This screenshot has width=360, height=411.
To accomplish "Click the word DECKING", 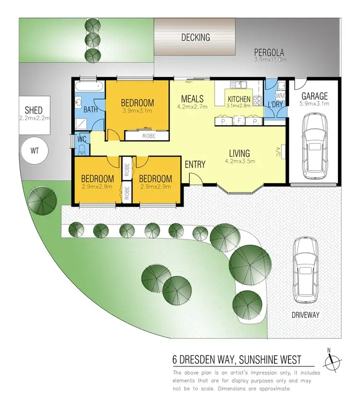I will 195,37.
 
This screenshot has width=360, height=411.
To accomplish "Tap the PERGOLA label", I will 270,53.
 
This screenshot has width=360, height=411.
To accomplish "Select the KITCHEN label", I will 239,99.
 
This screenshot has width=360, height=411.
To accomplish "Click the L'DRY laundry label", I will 275,104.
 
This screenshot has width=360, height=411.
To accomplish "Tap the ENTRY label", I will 195,164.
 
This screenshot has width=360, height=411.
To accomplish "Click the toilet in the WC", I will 82,149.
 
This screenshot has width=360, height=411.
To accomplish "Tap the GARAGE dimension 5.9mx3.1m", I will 314,103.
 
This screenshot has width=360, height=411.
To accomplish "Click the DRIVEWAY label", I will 305,315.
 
